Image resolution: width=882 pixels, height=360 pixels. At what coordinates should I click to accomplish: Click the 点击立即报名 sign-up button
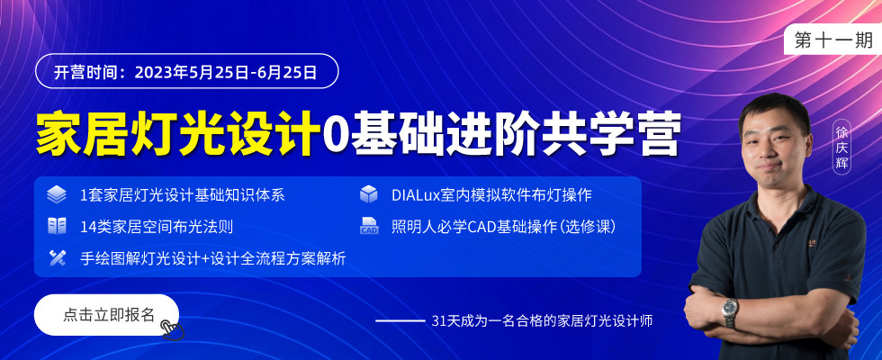[x=107, y=314]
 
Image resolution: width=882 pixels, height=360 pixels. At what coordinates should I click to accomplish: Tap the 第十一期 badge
[x=833, y=40]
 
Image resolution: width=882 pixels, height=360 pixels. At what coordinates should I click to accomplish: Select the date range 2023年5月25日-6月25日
[x=226, y=72]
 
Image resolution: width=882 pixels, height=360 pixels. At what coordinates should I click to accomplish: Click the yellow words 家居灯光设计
[x=175, y=134]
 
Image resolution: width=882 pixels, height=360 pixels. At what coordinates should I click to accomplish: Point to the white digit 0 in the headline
[x=333, y=135]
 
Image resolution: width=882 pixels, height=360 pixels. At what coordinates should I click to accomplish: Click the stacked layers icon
[x=57, y=194]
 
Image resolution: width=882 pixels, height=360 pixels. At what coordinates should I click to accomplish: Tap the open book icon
[x=57, y=226]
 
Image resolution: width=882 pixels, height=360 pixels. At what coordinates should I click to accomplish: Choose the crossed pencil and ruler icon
[x=57, y=257]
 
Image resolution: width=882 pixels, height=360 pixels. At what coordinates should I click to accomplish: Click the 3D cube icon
[x=368, y=194]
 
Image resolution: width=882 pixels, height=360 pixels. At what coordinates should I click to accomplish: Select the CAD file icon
[x=369, y=226]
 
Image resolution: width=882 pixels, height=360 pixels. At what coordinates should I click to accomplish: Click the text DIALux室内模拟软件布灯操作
[x=491, y=195]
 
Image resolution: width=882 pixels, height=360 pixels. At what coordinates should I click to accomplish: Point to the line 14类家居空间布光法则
[x=157, y=227]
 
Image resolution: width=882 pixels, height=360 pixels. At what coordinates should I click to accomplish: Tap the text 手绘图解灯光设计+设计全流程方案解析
[x=213, y=258]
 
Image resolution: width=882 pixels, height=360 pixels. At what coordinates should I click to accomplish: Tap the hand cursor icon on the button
[x=172, y=329]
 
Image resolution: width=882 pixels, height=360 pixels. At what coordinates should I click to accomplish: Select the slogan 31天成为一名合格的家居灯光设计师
[x=542, y=321]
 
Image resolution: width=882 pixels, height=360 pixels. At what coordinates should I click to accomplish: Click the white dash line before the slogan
[x=400, y=321]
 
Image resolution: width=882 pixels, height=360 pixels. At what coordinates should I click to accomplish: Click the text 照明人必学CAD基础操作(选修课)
[x=504, y=227]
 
